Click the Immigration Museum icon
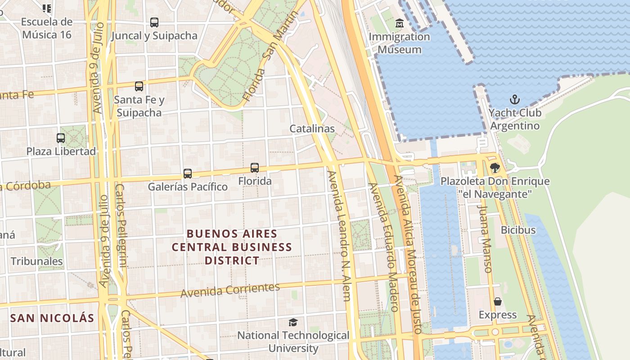[399, 23]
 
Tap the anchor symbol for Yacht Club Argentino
[514, 99]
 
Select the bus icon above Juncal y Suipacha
[154, 22]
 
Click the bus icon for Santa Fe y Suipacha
[139, 86]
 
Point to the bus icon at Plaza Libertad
[61, 138]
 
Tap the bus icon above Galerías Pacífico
[188, 173]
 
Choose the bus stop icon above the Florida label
[255, 168]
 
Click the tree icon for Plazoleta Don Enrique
[495, 168]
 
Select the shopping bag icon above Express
[498, 301]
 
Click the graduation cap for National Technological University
[293, 322]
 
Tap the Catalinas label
[312, 129]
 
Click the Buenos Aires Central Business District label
[232, 247]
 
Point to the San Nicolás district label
[52, 318]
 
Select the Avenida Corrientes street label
[230, 290]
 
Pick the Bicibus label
[518, 230]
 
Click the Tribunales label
[36, 261]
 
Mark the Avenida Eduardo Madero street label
[384, 247]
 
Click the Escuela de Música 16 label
[47, 28]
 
